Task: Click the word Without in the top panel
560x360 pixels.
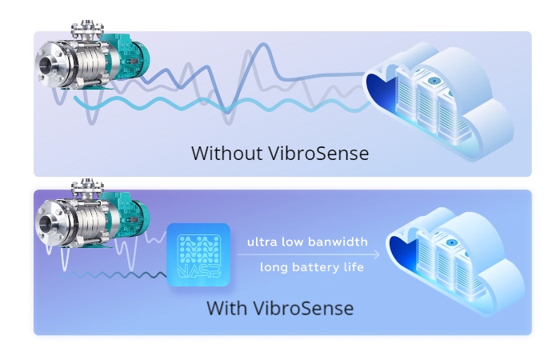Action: (226, 154)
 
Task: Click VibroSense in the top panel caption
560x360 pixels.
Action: (318, 154)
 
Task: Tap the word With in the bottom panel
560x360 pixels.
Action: (226, 308)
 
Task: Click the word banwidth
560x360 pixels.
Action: (338, 242)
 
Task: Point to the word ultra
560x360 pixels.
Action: (262, 242)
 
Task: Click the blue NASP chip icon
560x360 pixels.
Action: (198, 255)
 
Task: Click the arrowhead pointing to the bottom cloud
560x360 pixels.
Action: (377, 254)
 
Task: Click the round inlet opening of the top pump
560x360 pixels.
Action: (47, 66)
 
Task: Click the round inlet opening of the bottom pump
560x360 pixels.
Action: (47, 223)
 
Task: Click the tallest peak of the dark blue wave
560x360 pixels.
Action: (264, 44)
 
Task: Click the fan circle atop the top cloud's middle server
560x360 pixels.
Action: (434, 81)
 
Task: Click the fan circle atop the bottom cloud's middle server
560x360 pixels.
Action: (451, 243)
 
